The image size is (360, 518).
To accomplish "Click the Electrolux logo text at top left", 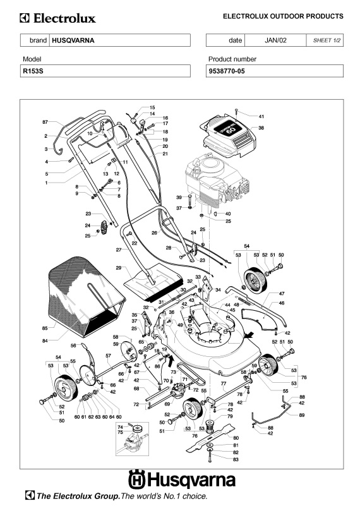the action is coord(58,18).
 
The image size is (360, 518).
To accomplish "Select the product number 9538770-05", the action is coord(227,71).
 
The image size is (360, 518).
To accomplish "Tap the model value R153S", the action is coord(33,71).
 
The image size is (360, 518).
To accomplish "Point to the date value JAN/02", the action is coord(275,40).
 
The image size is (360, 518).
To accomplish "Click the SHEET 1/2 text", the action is coord(327,40).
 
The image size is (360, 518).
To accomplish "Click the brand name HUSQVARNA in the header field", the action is coord(73,40).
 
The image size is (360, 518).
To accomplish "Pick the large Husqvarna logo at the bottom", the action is coord(182,479).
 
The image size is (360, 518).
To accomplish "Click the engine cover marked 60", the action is coord(228,136).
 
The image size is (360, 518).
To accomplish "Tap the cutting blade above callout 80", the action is coord(210,438).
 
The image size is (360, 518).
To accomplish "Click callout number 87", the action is coord(45,122).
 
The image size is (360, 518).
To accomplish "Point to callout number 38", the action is coord(261,128).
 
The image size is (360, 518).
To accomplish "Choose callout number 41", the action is coord(261,116).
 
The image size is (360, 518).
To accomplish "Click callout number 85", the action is coord(45,328).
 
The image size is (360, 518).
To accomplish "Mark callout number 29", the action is coord(119,268).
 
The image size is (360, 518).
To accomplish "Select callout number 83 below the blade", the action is coord(236,459).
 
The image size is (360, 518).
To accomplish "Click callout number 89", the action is coord(301,415).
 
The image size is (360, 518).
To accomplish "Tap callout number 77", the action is coord(224,383).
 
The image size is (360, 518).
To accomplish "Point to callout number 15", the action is coord(152,107).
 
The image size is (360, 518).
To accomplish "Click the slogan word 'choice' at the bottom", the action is coord(195,496).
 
